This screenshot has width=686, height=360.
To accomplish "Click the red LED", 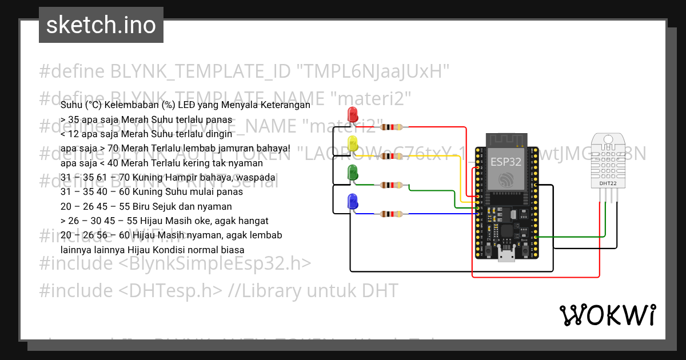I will click(x=352, y=113).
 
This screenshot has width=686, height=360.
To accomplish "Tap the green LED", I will click(x=352, y=172).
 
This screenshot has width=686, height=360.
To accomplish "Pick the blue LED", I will click(x=352, y=201).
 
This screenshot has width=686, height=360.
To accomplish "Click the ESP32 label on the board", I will click(x=506, y=161).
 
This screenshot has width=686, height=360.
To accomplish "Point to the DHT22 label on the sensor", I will click(x=607, y=183).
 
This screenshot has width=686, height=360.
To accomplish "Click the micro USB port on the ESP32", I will click(x=506, y=254).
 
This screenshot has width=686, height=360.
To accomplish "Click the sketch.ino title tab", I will click(x=101, y=25).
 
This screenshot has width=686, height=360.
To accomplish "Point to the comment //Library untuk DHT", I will click(x=313, y=291).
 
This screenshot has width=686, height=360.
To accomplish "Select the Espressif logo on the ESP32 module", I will click(x=506, y=181).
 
